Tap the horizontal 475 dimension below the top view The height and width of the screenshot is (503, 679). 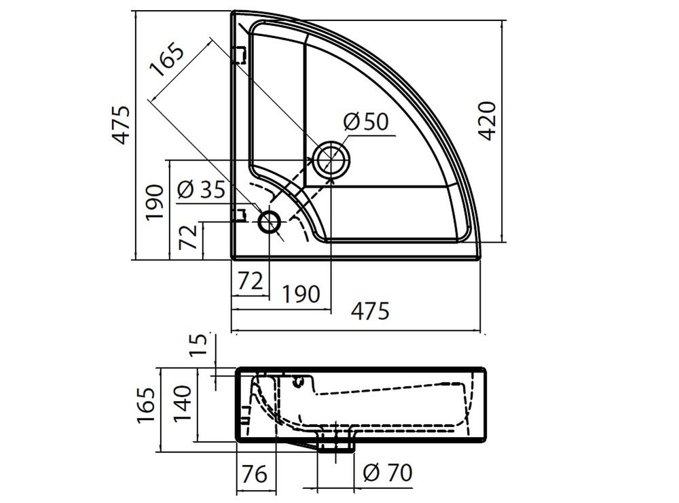coord(370,311)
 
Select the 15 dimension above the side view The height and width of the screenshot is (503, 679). coord(198,345)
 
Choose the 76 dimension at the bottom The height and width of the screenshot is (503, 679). coord(255,474)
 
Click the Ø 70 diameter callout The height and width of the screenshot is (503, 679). coord(387,472)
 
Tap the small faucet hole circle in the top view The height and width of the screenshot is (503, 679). coord(270,222)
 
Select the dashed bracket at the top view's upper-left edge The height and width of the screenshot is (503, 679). coord(238,55)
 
